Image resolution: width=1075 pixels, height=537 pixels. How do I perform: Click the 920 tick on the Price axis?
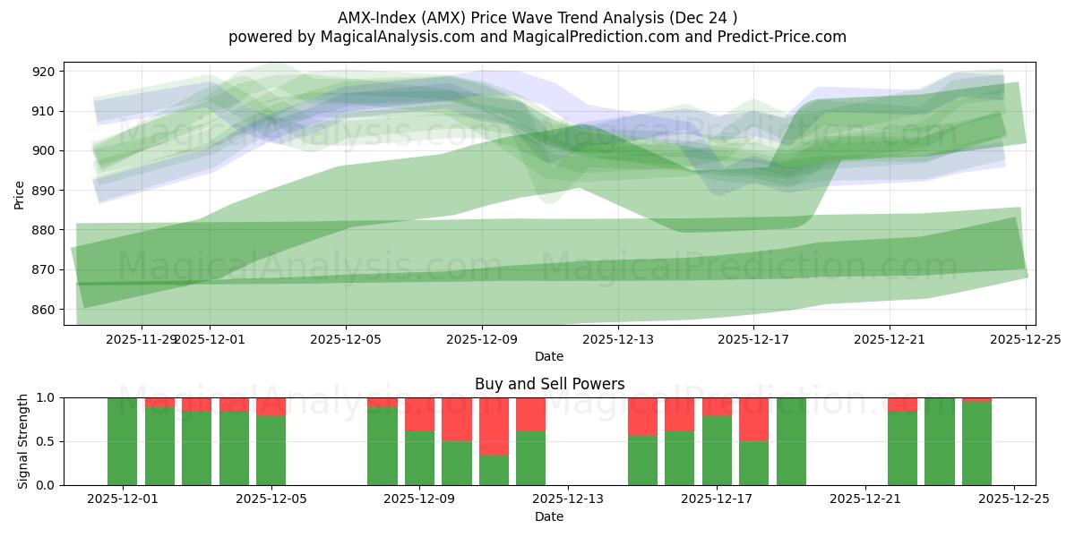point(44,72)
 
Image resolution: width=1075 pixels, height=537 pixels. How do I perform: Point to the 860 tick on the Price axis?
point(44,310)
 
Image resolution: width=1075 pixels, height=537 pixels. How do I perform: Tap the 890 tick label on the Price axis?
point(44,191)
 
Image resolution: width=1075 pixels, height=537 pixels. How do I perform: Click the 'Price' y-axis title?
point(20,194)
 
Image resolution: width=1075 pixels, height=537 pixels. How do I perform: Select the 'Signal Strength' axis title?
point(23,441)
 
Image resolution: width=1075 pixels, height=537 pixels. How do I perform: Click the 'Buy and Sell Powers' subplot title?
point(549,384)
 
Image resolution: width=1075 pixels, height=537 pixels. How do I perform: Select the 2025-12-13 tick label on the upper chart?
point(617,339)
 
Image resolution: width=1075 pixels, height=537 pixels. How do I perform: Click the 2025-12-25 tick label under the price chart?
point(1026,339)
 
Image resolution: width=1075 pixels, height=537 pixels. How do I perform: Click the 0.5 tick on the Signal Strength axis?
point(45,441)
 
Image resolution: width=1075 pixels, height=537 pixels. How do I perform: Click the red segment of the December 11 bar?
point(494,426)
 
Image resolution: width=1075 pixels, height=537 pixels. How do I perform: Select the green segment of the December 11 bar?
point(494,470)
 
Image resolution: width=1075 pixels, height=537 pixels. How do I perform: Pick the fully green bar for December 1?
point(122,441)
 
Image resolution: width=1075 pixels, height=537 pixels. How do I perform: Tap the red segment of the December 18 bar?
point(753,419)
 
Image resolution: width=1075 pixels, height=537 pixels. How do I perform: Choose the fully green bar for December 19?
point(791,441)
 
